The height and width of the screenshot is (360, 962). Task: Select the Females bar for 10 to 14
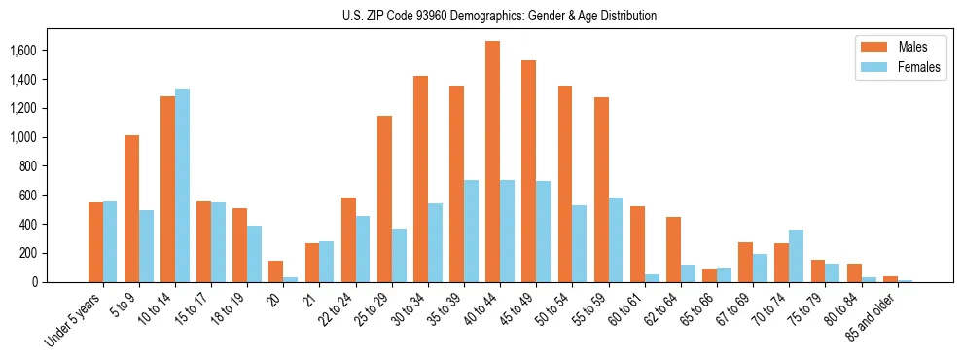(x=182, y=185)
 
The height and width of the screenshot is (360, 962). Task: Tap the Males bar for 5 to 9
(x=131, y=208)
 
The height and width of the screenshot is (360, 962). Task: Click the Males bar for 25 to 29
(x=384, y=198)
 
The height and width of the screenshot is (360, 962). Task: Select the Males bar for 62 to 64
(x=673, y=249)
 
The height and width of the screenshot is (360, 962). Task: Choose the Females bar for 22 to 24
(x=363, y=249)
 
